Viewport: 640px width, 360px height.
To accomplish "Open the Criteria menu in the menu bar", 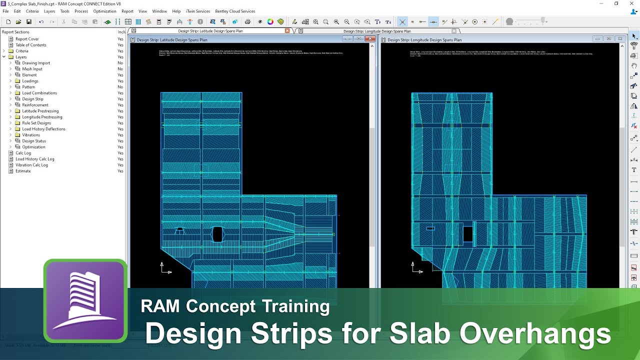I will pos(32,11).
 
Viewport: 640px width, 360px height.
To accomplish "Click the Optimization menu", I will pos(104,11).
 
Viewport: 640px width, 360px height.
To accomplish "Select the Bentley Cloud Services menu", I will pos(234,11).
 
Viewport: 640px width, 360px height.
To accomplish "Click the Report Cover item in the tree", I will pos(27,39).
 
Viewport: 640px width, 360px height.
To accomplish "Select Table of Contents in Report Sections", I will pos(30,45).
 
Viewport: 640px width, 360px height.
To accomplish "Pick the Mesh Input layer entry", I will pos(32,69).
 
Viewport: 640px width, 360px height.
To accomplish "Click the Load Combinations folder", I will pos(39,93).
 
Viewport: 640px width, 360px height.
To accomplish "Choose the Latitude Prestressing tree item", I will pos(40,111).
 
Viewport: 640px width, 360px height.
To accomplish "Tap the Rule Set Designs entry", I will pos(36,123).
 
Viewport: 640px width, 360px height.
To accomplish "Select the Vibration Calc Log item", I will pos(31,165).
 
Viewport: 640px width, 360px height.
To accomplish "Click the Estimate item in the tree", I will pos(23,171).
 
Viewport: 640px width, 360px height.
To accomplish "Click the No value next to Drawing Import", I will pos(120,63).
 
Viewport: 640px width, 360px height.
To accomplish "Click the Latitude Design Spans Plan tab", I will pos(210,31).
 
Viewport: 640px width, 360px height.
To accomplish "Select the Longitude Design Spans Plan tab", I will pos(377,31).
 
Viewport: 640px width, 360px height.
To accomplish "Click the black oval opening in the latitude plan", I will pos(217,234).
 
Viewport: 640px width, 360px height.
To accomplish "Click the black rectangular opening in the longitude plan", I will pos(467,234).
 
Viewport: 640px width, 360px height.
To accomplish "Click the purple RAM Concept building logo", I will pos(85,300).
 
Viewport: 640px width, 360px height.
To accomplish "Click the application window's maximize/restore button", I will pos(616,3).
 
